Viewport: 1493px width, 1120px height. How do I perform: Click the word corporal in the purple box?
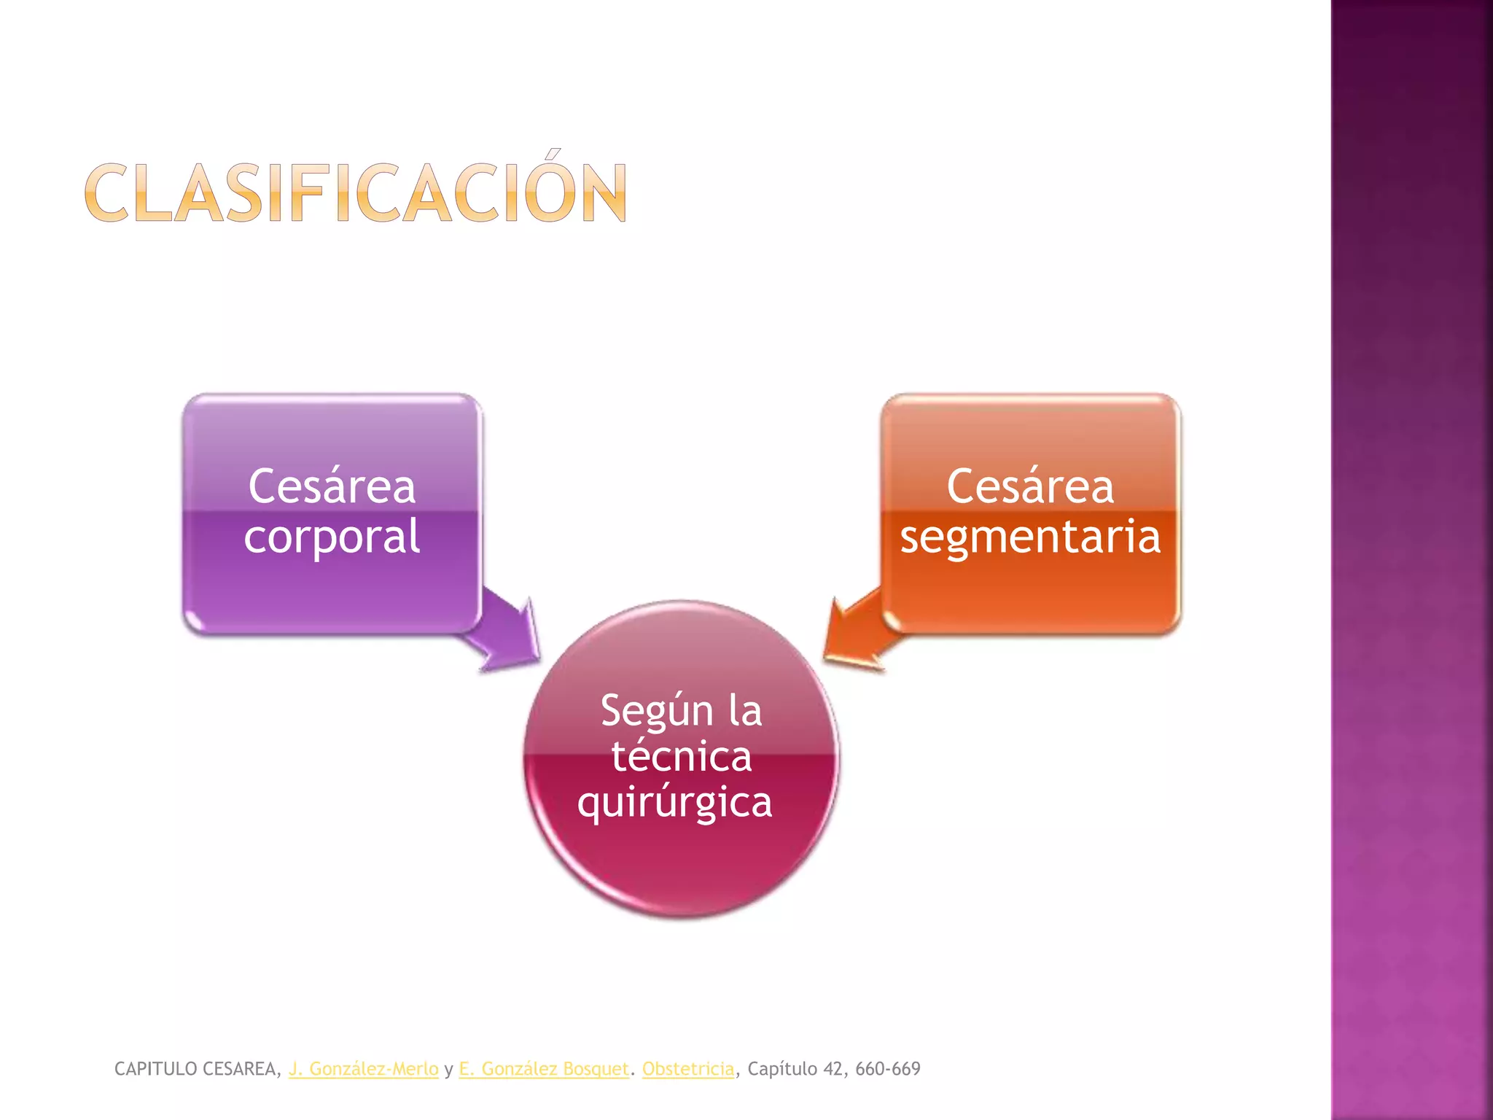[332, 537]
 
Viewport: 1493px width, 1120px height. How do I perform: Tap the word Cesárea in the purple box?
[332, 486]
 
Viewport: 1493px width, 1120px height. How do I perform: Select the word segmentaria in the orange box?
[1029, 537]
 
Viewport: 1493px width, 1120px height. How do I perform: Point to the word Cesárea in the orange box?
[1030, 486]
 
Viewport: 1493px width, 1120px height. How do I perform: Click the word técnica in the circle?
[682, 756]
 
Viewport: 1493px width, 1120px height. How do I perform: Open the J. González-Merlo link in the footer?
[364, 1069]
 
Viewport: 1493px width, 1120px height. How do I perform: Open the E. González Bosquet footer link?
[543, 1069]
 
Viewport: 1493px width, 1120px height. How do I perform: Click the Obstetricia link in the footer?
[687, 1069]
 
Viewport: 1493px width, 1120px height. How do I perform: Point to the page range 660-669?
[888, 1069]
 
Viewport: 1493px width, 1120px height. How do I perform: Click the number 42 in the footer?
[833, 1069]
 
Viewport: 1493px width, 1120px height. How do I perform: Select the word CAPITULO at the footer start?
[156, 1069]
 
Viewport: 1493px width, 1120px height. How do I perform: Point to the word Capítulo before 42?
[782, 1069]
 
